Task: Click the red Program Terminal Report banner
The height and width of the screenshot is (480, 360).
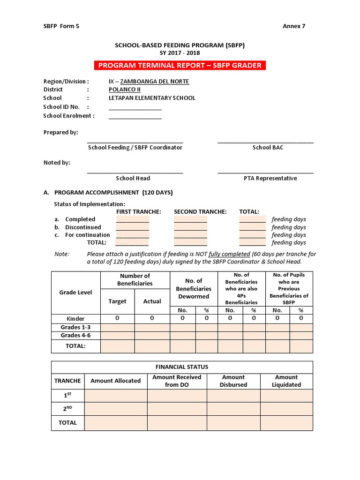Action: tap(180, 65)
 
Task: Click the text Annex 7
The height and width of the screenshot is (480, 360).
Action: tap(293, 26)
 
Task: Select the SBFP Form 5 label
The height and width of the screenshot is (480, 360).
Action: tap(61, 26)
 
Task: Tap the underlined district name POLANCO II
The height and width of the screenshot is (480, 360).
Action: tap(124, 90)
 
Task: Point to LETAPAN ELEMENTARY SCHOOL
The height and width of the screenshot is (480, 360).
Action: tap(152, 98)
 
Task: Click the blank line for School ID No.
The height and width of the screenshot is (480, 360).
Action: tap(135, 107)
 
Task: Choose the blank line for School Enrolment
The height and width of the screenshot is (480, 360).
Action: tap(135, 116)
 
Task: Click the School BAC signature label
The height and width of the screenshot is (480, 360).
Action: tap(268, 148)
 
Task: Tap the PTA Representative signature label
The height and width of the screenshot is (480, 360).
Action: tap(270, 178)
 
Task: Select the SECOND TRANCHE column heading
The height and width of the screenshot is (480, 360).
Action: tap(200, 212)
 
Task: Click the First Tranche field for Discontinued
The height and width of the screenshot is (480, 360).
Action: tap(133, 227)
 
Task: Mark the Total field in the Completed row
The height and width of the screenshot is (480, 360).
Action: tap(252, 219)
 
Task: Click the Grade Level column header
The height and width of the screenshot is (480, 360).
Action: tap(75, 292)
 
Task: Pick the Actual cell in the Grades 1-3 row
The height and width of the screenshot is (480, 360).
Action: tap(152, 327)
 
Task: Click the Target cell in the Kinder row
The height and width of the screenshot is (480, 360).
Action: tap(117, 318)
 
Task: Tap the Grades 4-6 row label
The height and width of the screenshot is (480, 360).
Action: tap(75, 336)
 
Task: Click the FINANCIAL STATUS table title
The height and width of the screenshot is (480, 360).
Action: tap(182, 367)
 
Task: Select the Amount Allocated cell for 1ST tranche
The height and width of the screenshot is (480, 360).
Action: tap(116, 396)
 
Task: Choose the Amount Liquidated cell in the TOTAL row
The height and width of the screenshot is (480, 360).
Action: tap(286, 423)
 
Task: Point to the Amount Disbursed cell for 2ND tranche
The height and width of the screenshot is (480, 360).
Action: tap(233, 409)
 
